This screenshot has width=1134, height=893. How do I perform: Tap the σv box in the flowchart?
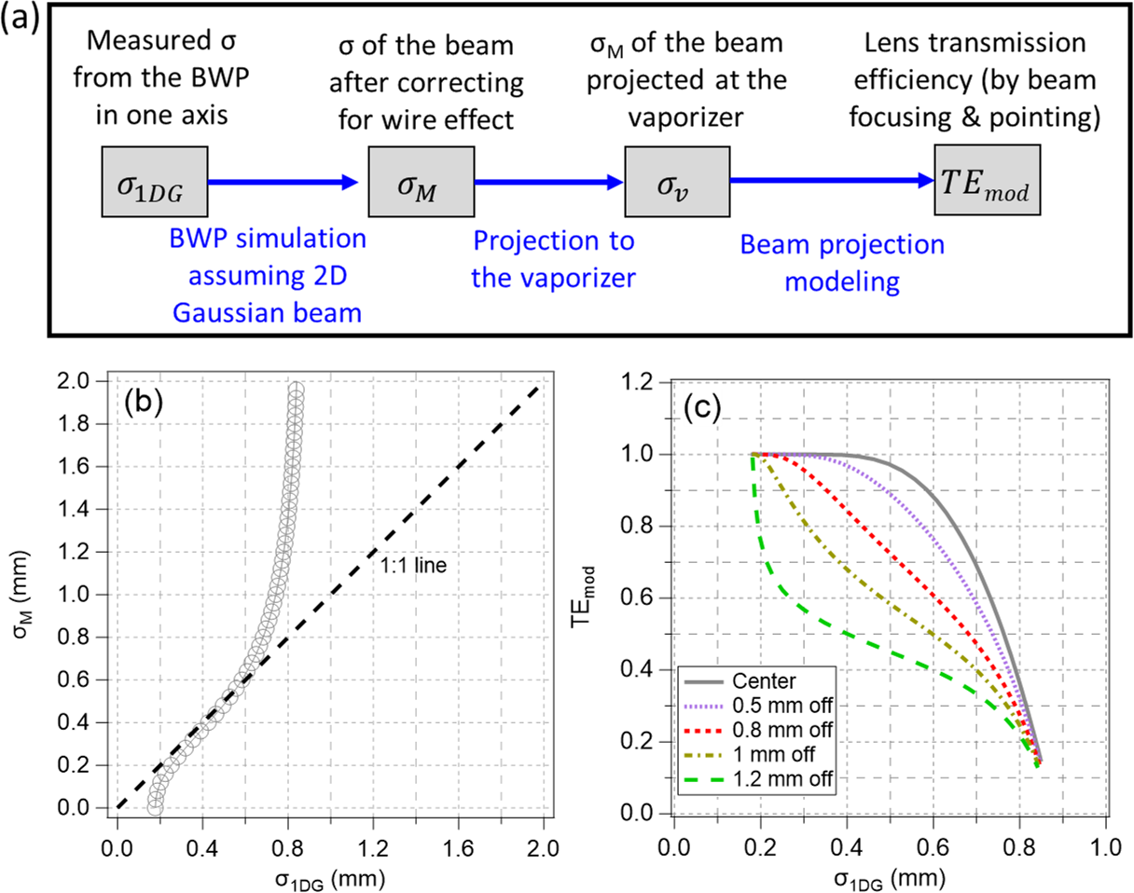click(x=677, y=184)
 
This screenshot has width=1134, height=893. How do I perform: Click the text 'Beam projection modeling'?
click(x=842, y=263)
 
